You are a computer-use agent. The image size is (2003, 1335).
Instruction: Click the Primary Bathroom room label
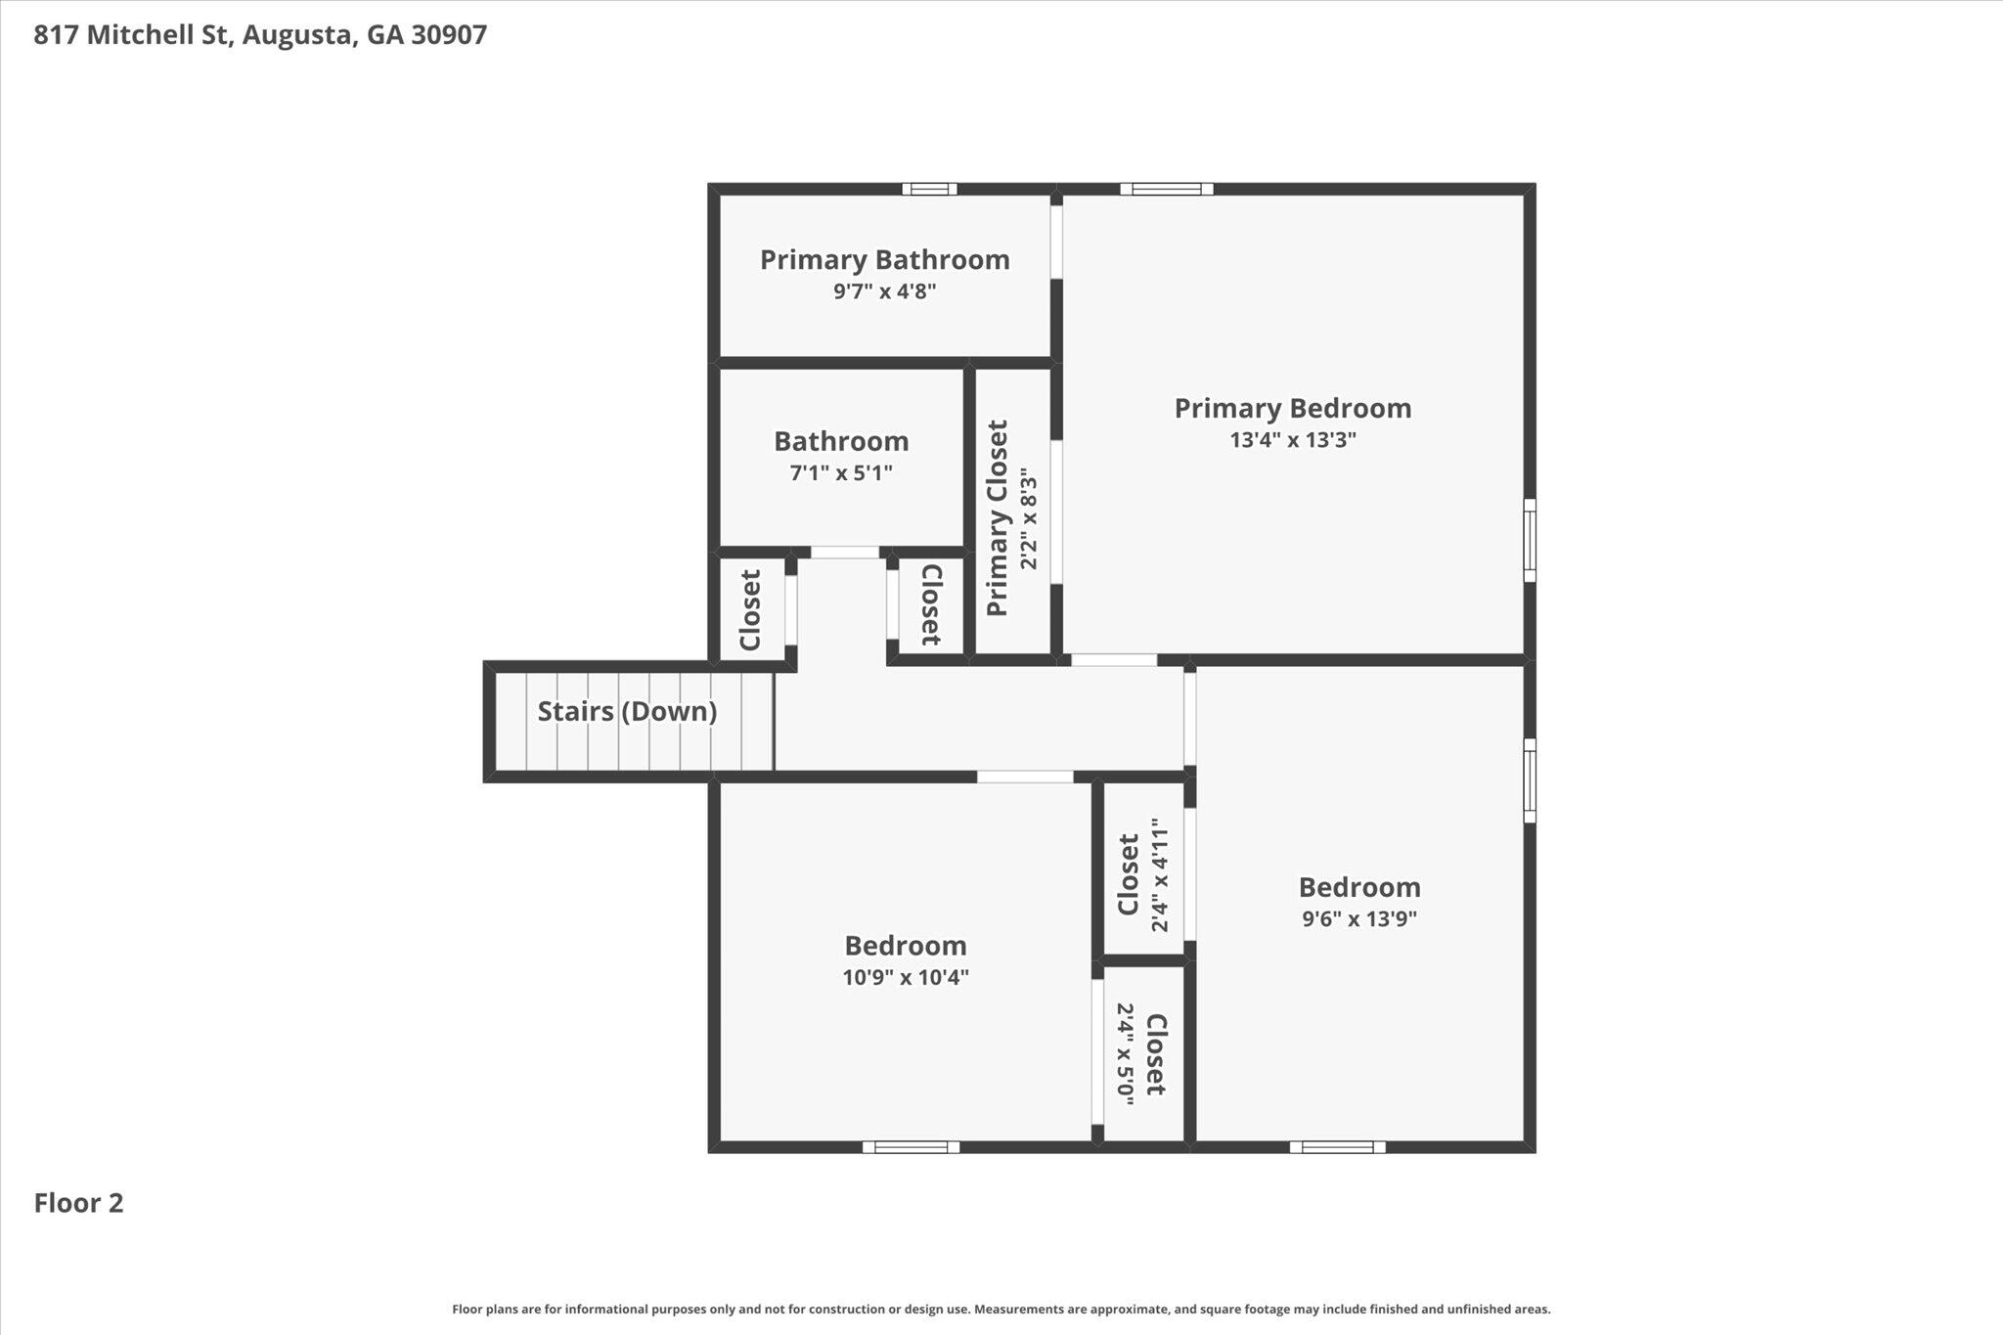[x=884, y=260]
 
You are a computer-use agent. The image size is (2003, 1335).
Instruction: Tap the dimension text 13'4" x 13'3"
[x=1293, y=440]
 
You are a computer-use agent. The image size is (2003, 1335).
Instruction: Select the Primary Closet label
[x=998, y=518]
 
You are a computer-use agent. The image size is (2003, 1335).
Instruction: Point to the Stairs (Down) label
[x=627, y=712]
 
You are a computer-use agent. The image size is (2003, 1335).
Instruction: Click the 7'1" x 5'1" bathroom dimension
[x=841, y=473]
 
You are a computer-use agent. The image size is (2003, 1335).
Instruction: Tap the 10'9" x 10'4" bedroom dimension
[x=906, y=977]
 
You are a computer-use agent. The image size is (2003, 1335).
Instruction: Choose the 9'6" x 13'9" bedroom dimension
[x=1359, y=918]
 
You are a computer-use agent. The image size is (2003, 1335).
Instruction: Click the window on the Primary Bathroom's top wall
[x=929, y=189]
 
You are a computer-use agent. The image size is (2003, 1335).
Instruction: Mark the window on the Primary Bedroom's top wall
[x=1167, y=189]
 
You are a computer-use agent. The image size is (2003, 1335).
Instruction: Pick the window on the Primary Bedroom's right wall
[x=1530, y=541]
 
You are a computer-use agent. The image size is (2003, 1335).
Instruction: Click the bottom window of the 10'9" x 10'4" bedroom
[x=911, y=1147]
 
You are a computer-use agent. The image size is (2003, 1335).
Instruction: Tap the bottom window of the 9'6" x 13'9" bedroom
[x=1337, y=1147]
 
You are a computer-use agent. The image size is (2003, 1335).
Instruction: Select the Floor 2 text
[x=79, y=1203]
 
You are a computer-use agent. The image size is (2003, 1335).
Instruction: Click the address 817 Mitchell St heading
[x=260, y=35]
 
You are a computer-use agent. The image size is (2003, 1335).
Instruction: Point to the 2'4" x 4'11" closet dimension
[x=1160, y=875]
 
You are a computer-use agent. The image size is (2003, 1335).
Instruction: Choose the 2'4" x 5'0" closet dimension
[x=1125, y=1054]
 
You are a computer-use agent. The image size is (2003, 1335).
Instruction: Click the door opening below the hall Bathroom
[x=845, y=553]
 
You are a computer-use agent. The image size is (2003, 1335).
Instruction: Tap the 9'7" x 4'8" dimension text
[x=884, y=291]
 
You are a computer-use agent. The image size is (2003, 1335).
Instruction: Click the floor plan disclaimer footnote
[x=1001, y=1309]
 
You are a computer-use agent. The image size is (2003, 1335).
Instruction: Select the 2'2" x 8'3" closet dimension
[x=1028, y=518]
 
